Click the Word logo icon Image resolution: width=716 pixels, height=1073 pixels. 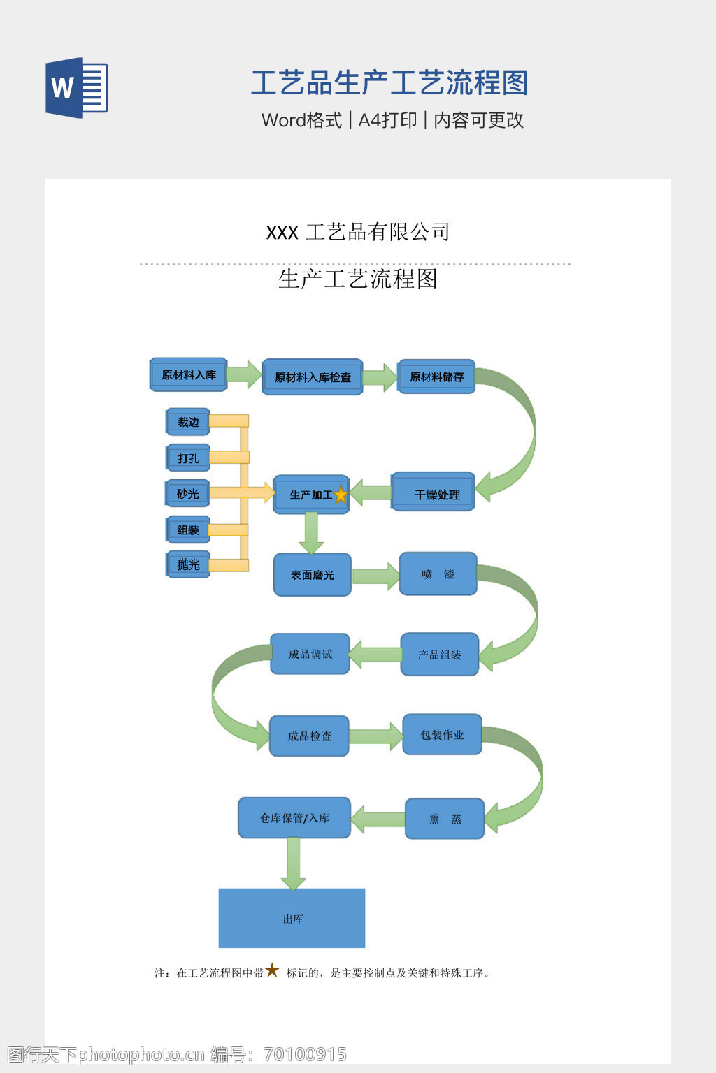coord(77,87)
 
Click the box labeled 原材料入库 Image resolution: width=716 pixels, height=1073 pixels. coord(189,375)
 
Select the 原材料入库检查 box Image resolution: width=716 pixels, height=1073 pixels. coord(313,377)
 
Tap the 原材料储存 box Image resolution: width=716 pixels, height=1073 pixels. coord(437,377)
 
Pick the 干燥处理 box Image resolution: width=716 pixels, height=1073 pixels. coord(434,493)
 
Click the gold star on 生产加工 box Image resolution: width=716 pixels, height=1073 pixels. coord(341,495)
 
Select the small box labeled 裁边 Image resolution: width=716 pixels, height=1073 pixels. coord(188,422)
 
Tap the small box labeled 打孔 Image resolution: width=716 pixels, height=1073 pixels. coord(188,458)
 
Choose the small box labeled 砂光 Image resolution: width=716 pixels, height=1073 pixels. coord(188,494)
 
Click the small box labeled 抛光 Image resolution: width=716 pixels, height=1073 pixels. coord(188,564)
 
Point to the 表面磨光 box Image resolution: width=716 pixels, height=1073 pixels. coord(313,575)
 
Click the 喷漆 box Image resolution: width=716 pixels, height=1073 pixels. coord(438,574)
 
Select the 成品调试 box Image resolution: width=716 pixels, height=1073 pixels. coord(310,654)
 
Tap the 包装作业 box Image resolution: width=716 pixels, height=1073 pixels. coord(443,735)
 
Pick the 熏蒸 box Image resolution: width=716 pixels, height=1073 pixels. coord(445,819)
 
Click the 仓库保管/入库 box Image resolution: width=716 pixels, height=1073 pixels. coord(294,818)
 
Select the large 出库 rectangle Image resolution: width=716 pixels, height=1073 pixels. coord(292,919)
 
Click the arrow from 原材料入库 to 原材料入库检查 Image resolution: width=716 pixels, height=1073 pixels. coord(244,374)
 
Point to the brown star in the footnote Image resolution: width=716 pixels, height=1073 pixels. coord(272,970)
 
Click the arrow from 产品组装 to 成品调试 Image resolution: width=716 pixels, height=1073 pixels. coord(375,655)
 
